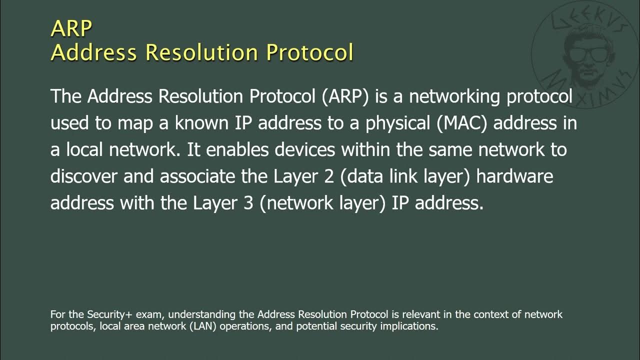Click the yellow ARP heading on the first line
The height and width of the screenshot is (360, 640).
(x=71, y=28)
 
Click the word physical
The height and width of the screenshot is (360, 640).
(x=398, y=123)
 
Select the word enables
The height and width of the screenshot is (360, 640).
(x=238, y=150)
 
